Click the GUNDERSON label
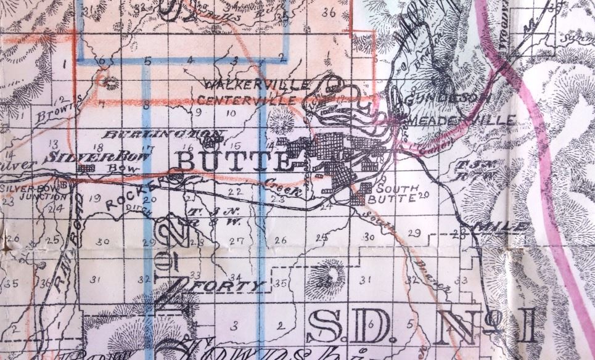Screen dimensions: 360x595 coord(444,98)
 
